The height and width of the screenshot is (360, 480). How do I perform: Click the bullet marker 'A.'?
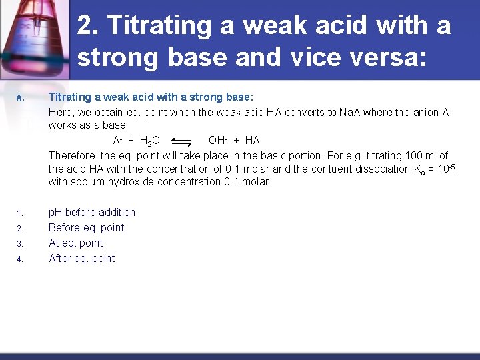tap(21, 99)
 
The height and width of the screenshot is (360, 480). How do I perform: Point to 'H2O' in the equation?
tap(149, 141)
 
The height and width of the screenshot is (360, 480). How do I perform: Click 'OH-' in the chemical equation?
tap(218, 140)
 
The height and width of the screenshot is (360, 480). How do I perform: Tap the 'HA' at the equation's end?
tap(252, 140)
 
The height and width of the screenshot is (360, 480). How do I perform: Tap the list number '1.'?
tap(20, 213)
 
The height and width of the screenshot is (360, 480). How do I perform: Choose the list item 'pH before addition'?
tap(92, 212)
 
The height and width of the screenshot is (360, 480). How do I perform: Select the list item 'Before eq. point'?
tap(87, 227)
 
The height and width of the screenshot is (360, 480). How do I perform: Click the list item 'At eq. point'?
tap(76, 243)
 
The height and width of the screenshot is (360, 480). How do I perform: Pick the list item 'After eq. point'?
tap(82, 258)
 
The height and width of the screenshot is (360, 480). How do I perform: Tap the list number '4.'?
tap(20, 259)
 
